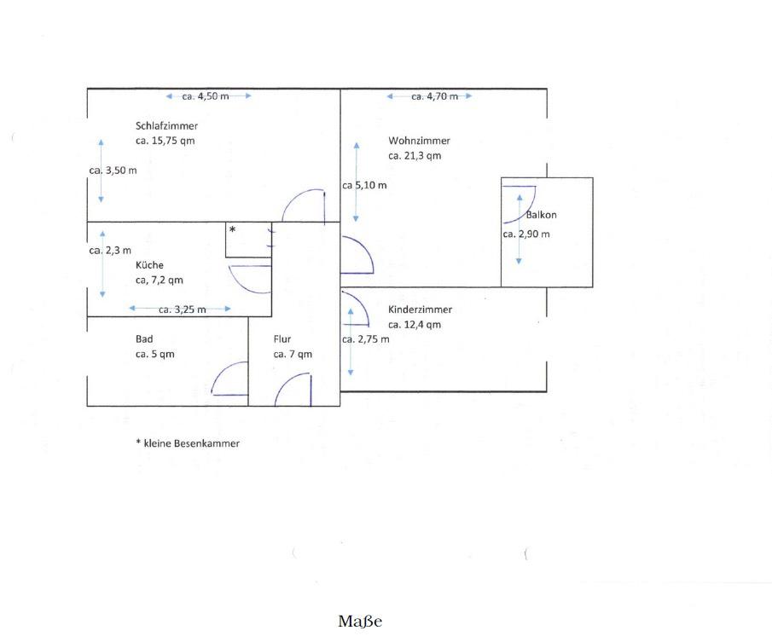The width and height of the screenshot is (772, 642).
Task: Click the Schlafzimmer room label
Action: coord(166,126)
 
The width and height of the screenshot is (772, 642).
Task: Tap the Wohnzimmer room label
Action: coord(419,141)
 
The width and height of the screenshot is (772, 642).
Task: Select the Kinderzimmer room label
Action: coord(420,309)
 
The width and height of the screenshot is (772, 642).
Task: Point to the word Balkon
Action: coord(541,215)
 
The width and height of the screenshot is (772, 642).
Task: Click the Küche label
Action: coord(149,264)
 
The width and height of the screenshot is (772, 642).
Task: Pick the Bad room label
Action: coord(144,339)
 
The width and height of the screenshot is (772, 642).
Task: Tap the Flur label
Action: coord(282,339)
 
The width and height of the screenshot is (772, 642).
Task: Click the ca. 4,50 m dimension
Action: coord(206,96)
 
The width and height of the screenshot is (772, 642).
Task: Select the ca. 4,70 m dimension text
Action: coord(435,96)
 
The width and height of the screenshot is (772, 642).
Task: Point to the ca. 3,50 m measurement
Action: coord(113,171)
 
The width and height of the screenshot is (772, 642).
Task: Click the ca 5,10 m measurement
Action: coord(364,186)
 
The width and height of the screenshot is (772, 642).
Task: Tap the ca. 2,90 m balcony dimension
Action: coord(526,234)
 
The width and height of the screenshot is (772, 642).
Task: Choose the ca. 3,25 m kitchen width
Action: coord(183,309)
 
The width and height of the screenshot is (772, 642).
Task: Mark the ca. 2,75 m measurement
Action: coord(366,339)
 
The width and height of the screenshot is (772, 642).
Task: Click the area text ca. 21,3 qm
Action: coord(415,156)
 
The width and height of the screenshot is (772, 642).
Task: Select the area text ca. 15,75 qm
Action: coord(165,141)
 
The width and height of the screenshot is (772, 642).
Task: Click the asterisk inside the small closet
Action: coord(232,229)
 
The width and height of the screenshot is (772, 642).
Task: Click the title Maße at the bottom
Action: coord(360,622)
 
